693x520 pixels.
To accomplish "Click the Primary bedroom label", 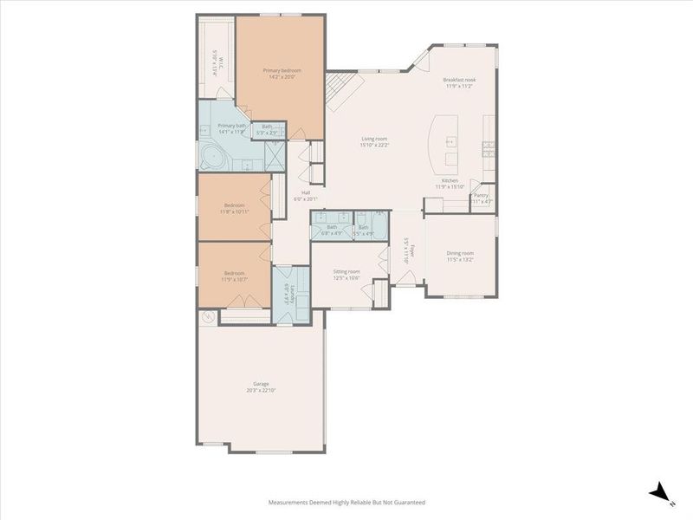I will pyautogui.click(x=281, y=73).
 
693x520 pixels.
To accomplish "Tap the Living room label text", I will pyautogui.click(x=375, y=141).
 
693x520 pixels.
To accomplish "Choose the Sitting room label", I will pyautogui.click(x=346, y=274).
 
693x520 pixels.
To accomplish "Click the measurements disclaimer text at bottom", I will pyautogui.click(x=346, y=502).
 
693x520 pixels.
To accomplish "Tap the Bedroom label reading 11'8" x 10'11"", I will pyautogui.click(x=234, y=208).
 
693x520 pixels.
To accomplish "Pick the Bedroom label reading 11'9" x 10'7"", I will pyautogui.click(x=234, y=276).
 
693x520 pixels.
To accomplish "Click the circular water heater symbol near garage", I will pyautogui.click(x=208, y=317).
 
